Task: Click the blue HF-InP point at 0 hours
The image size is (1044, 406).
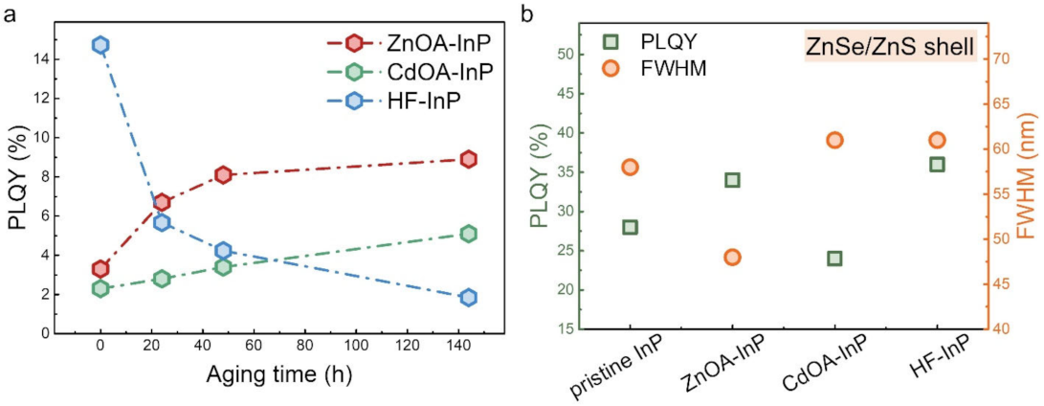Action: pyautogui.click(x=100, y=45)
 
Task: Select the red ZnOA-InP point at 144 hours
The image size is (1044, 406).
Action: pyautogui.click(x=468, y=159)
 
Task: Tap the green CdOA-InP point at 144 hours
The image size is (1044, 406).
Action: pyautogui.click(x=468, y=234)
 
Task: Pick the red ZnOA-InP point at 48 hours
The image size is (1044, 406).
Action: pyautogui.click(x=223, y=174)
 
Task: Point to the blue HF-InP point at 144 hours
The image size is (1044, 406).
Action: pyautogui.click(x=468, y=297)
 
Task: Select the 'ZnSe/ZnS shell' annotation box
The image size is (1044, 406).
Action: pyautogui.click(x=888, y=44)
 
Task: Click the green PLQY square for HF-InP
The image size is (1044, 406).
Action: pyautogui.click(x=937, y=164)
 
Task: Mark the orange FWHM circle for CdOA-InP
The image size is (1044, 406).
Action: pyautogui.click(x=834, y=140)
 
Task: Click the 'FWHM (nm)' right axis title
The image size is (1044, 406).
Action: pyautogui.click(x=1029, y=192)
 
